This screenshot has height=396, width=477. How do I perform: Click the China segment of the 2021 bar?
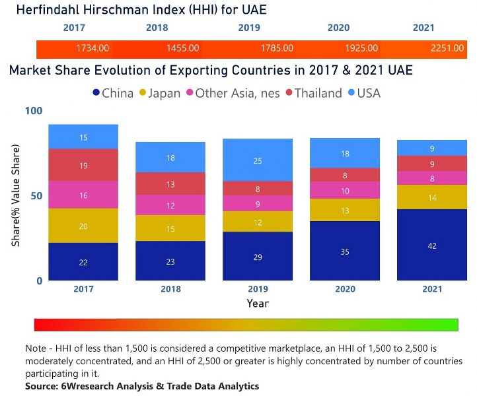(431, 245)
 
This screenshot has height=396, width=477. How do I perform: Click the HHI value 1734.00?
(92, 48)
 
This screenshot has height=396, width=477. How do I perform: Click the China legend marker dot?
(98, 93)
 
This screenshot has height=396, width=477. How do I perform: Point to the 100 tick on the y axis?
(33, 111)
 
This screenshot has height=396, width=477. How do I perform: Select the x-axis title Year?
(257, 304)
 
